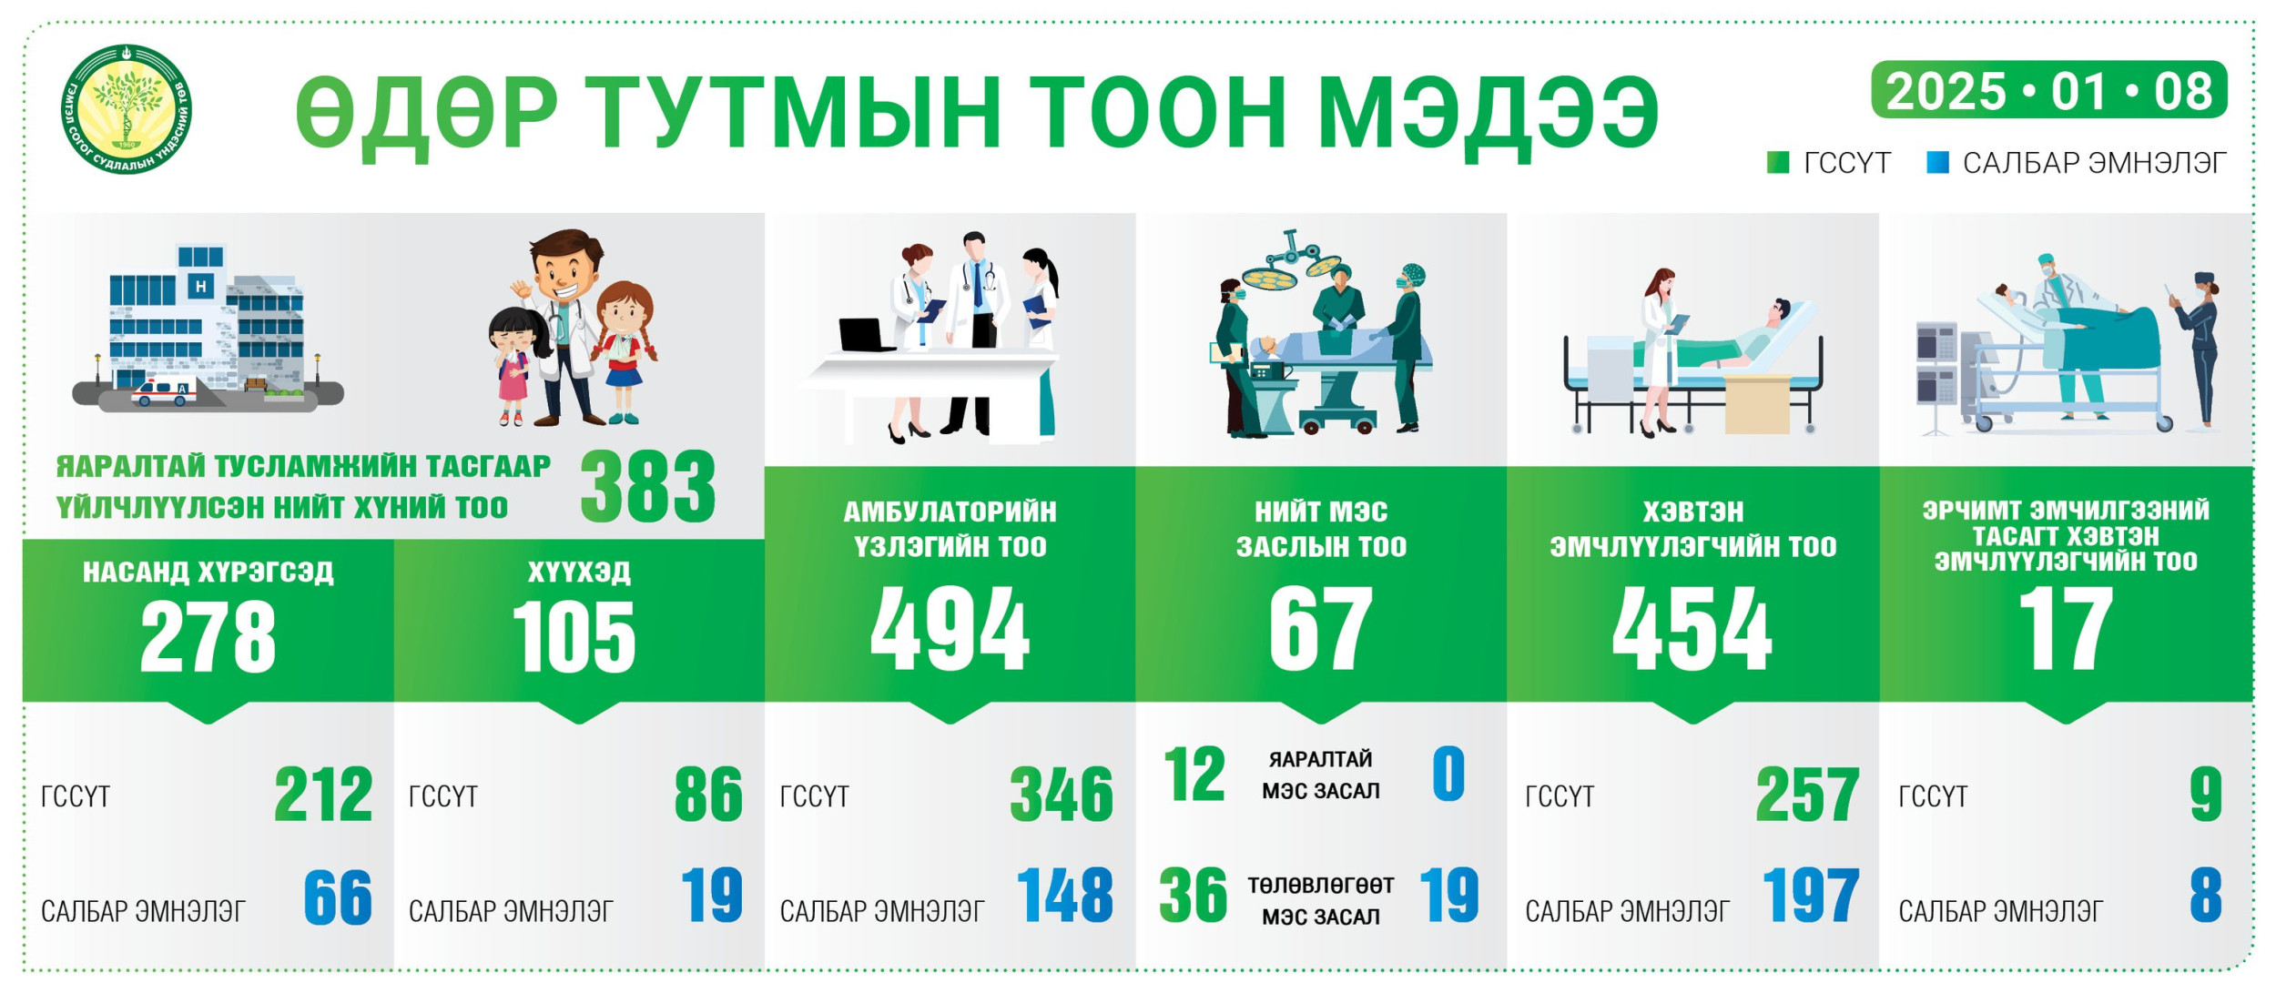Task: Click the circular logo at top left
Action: click(127, 109)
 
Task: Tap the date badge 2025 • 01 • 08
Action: click(2048, 90)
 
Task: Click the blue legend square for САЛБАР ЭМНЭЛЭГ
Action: click(1937, 163)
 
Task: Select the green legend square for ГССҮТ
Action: click(1778, 163)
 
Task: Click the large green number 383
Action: click(648, 488)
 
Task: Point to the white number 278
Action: click(208, 637)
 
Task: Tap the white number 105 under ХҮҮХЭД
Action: click(574, 637)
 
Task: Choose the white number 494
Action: click(950, 628)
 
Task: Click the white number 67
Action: click(1321, 628)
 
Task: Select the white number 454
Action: click(1692, 628)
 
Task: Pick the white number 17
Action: click(2066, 628)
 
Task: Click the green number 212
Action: click(323, 795)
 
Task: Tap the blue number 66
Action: click(338, 897)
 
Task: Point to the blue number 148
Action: click(1064, 896)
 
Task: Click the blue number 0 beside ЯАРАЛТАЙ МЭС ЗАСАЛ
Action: click(1448, 774)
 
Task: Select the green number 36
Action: click(1193, 896)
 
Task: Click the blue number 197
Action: click(1811, 896)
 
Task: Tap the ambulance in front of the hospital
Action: click(164, 391)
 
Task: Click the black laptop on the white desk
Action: click(866, 335)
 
